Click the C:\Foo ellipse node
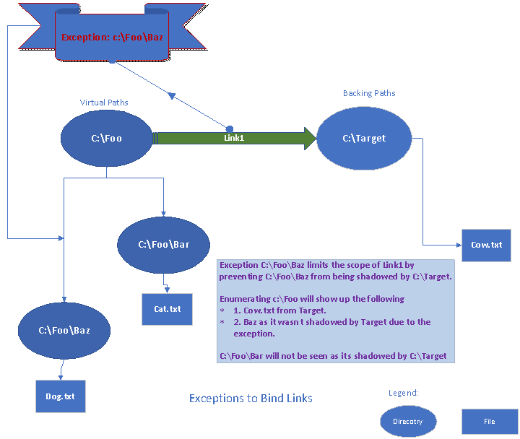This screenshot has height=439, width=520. (106, 138)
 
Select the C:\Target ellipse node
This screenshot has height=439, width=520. (364, 138)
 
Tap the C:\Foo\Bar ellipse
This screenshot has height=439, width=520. (163, 244)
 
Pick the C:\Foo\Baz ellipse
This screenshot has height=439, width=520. (64, 330)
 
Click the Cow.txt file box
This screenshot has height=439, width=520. (486, 245)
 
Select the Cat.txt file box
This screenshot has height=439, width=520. (167, 309)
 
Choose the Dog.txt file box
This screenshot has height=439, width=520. (61, 396)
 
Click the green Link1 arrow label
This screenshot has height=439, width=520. (233, 137)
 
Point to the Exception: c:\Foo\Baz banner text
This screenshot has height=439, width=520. (112, 37)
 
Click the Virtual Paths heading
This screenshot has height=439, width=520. (104, 103)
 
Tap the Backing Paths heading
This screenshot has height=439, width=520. (369, 93)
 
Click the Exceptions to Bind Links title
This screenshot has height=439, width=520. (251, 398)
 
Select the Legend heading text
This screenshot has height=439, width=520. (403, 393)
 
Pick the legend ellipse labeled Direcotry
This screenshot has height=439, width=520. (409, 421)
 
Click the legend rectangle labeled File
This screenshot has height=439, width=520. (490, 421)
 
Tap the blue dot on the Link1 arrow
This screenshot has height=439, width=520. (230, 129)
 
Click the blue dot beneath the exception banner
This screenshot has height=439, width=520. (111, 61)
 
